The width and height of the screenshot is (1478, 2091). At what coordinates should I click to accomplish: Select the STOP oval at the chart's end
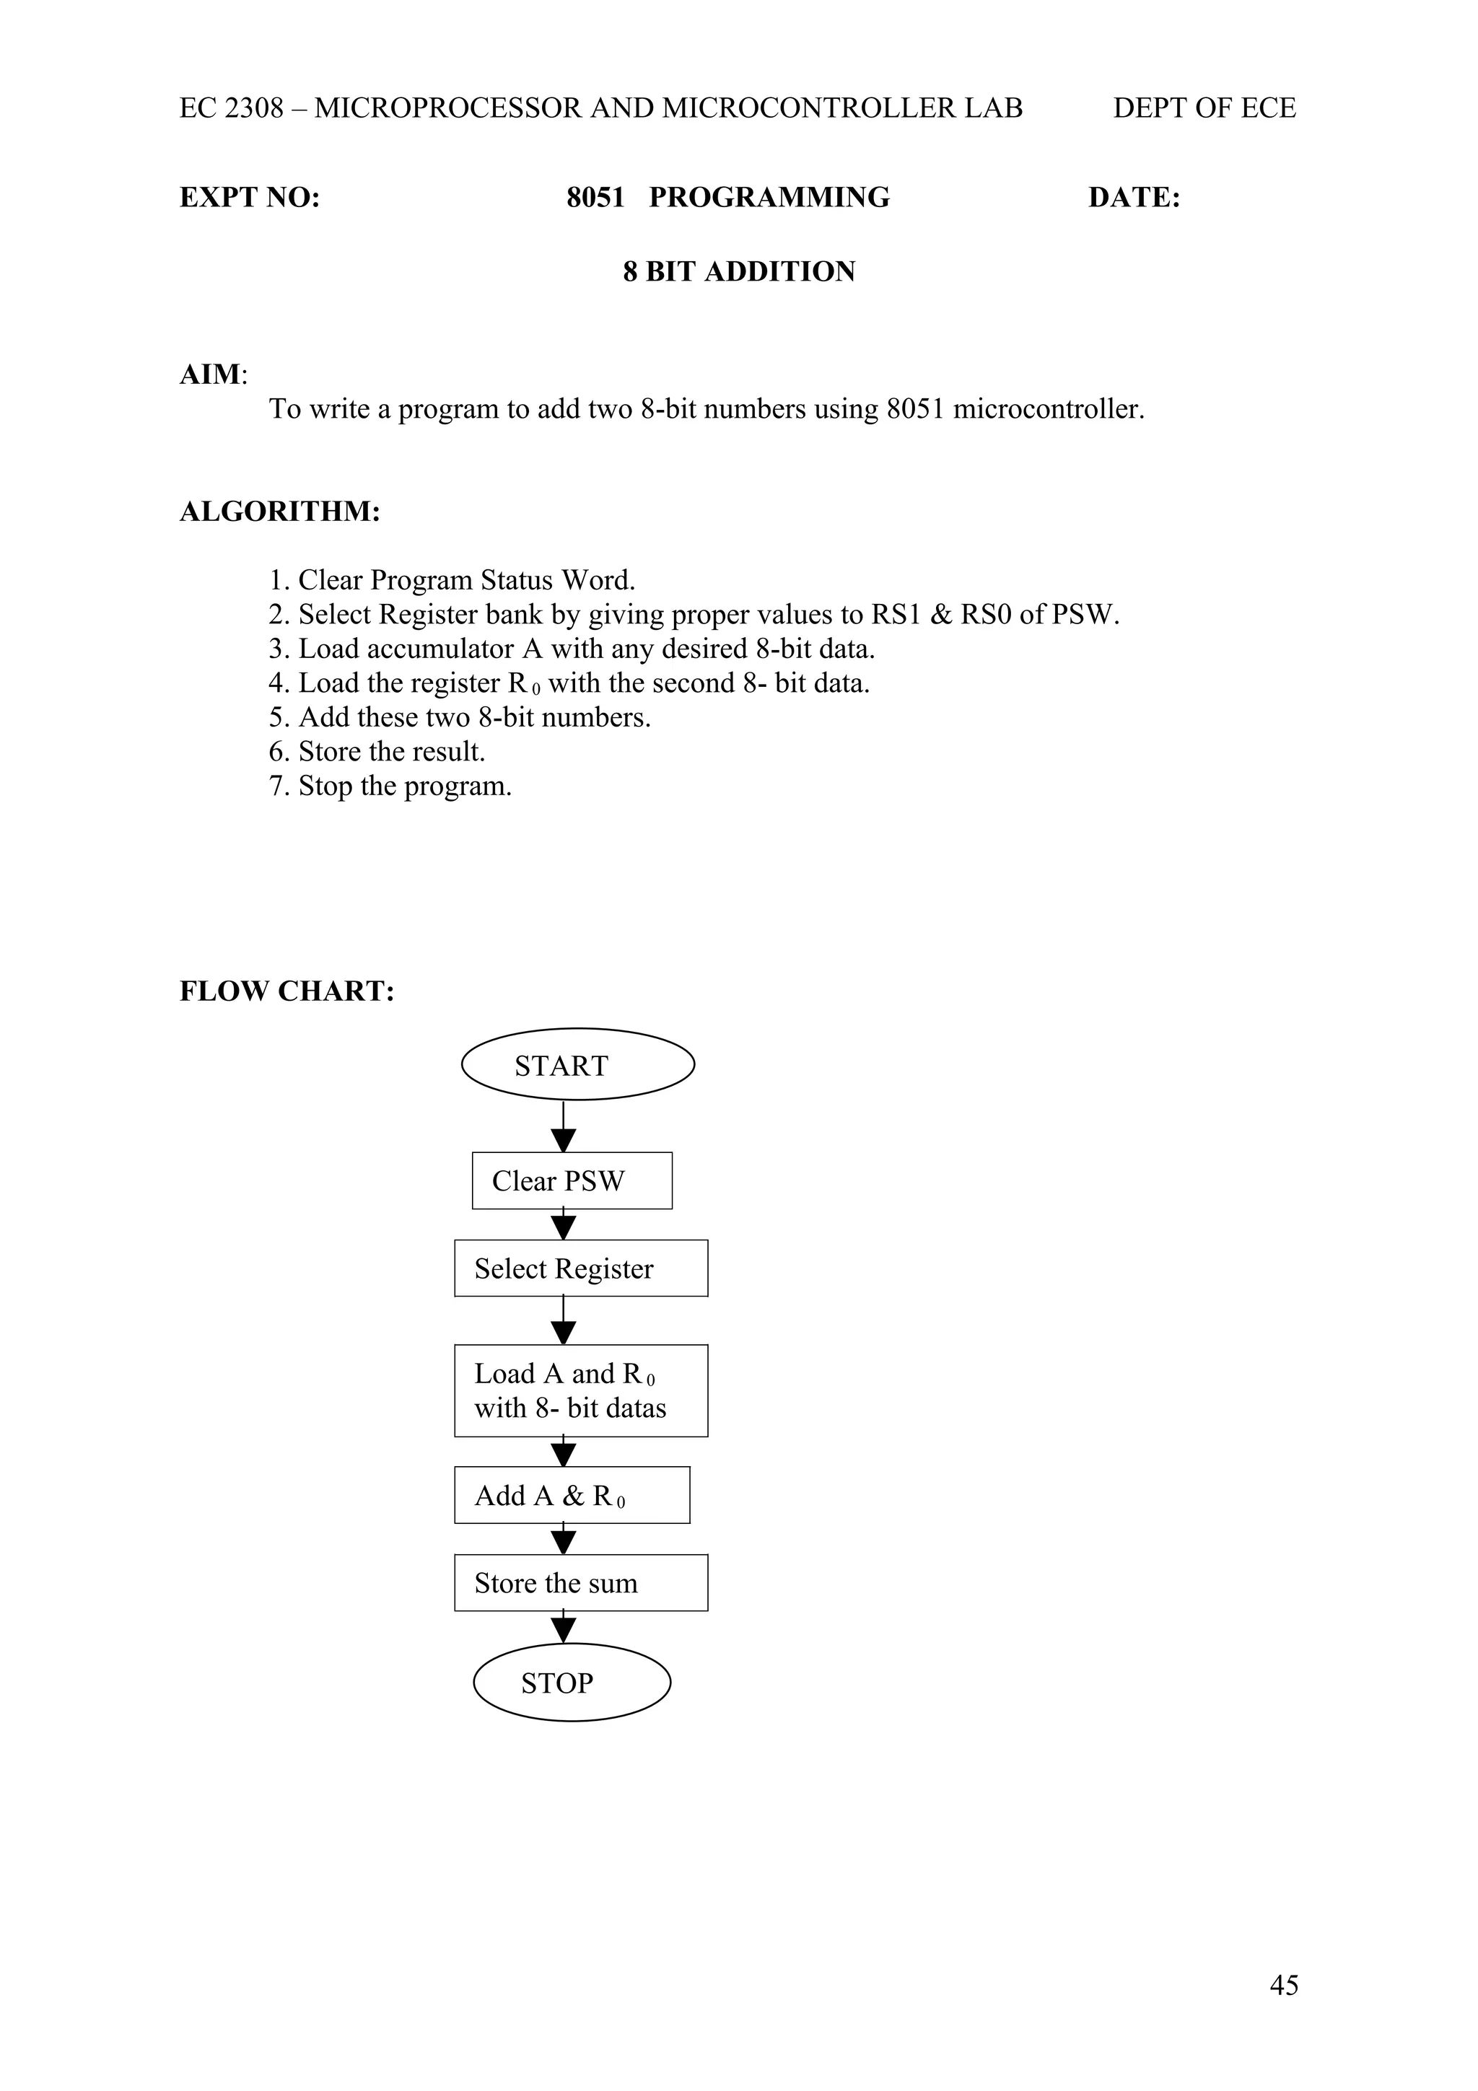pos(572,1682)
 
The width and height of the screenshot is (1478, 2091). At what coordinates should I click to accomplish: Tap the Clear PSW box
pos(572,1180)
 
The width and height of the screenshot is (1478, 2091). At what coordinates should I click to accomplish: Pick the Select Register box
pos(581,1268)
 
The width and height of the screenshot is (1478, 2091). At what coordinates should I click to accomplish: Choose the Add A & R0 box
pos(572,1496)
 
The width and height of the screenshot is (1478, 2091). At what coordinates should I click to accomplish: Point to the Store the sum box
pos(581,1583)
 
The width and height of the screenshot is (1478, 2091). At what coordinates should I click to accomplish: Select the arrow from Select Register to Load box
pos(564,1320)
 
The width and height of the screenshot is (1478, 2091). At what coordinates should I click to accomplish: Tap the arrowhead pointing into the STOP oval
pos(564,1630)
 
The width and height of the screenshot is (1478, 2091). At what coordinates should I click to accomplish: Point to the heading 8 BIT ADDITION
pos(738,271)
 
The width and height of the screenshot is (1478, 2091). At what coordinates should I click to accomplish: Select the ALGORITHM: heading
pos(279,512)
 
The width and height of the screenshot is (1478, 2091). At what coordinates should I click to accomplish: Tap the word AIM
pos(210,374)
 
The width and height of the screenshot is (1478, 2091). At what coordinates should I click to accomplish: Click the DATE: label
pos(1134,198)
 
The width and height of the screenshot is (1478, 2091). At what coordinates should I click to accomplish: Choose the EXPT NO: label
pos(250,198)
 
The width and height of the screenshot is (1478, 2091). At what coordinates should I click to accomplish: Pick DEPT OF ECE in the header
pos(1204,108)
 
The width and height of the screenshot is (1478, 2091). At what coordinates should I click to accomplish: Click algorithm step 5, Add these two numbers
pos(460,718)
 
